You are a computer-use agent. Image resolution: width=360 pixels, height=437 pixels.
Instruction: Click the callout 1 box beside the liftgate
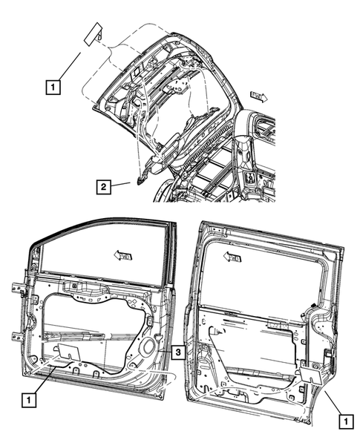[52, 86]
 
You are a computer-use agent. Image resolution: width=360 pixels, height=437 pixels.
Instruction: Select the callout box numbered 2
[105, 185]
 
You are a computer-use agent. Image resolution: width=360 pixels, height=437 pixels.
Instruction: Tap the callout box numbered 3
[178, 351]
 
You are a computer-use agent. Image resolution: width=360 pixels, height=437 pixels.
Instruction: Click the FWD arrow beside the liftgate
[259, 96]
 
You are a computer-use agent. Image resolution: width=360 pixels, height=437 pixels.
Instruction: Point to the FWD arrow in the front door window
[124, 254]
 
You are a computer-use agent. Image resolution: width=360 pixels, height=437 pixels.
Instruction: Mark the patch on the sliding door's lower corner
[310, 374]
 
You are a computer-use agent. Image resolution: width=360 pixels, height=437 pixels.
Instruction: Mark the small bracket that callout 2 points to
[140, 178]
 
